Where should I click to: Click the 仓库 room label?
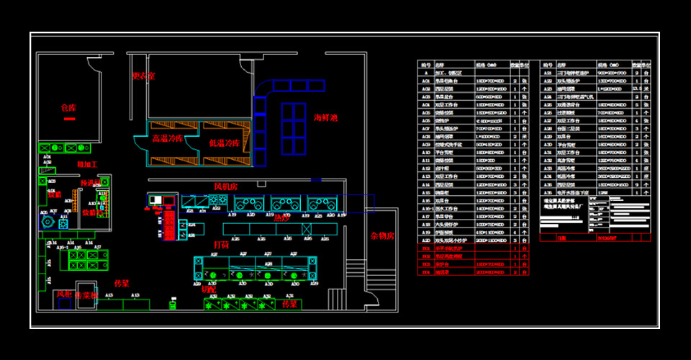(x=68, y=108)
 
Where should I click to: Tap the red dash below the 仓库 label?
(x=69, y=120)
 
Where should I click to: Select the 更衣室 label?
(x=143, y=76)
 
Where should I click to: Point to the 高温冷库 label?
(x=167, y=138)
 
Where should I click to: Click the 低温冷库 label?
(x=224, y=143)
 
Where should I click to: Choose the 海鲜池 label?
(x=325, y=117)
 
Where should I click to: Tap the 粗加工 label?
(x=87, y=165)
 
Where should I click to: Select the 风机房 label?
(x=227, y=187)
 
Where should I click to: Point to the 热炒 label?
(x=281, y=217)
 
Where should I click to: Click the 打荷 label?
(x=222, y=246)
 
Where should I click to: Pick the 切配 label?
(x=208, y=289)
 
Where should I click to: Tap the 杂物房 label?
(x=382, y=235)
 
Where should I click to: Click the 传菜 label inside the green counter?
(x=290, y=305)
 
